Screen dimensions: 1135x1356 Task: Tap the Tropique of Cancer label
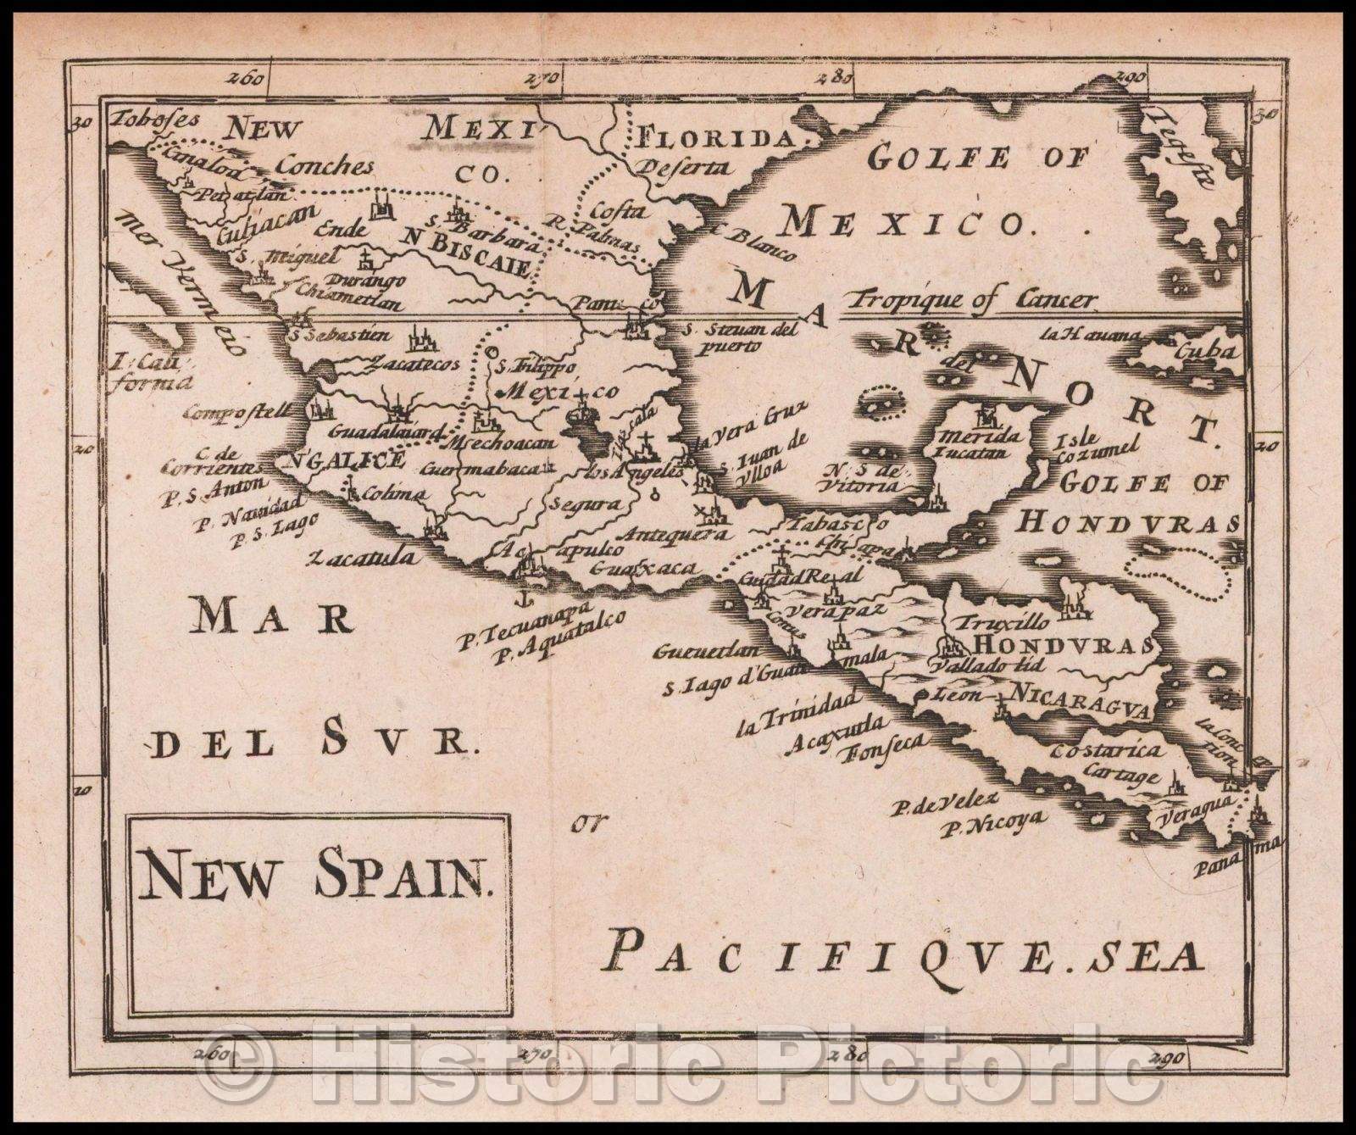[x=975, y=299]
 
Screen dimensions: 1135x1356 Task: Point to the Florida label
[x=717, y=136]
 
